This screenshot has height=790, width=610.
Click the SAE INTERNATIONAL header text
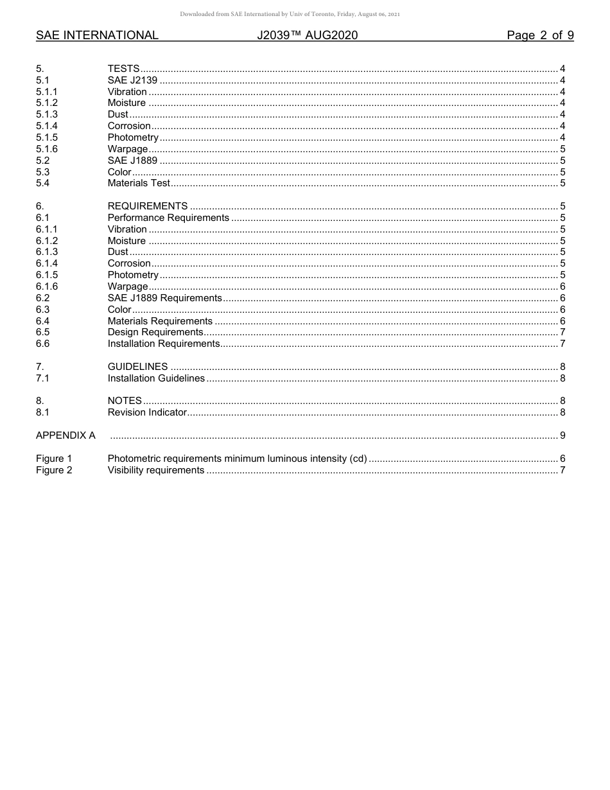coord(97,35)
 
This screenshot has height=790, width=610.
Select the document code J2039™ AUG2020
coord(307,35)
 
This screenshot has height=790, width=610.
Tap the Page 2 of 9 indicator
coord(540,35)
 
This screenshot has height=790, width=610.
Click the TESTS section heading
coord(123,69)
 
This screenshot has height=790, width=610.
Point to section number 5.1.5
coord(47,137)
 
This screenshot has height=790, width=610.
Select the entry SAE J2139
coord(132,80)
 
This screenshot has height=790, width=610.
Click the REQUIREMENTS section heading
coord(148,206)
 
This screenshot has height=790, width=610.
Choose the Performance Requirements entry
coord(168,218)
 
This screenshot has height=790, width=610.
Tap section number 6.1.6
coord(47,286)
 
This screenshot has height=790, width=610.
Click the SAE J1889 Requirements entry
coord(164,298)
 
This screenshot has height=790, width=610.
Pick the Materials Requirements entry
coord(160,321)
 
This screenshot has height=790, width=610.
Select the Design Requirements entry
coord(155,332)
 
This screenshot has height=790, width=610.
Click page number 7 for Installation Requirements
coord(562,344)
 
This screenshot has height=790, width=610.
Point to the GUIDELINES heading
coord(137,367)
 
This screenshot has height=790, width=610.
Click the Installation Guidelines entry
coord(156,378)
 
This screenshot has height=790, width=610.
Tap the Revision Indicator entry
coord(147,412)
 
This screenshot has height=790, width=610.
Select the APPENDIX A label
coord(65,435)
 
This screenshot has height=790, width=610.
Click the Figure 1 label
coord(54,459)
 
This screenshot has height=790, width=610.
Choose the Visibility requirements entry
coord(156,470)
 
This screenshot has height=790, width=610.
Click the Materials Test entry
coord(139,183)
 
